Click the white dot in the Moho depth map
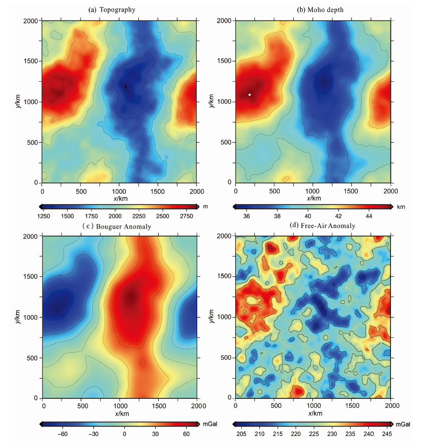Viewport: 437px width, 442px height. tap(250, 94)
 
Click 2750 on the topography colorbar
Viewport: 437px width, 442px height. tap(186, 215)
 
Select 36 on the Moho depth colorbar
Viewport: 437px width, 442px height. tap(246, 215)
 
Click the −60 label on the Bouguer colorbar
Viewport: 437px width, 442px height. tap(63, 433)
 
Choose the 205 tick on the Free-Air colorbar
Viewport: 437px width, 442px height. tap(241, 433)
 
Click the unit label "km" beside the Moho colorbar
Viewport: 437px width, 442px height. tap(401, 206)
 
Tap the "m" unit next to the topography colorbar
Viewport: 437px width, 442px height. tap(205, 206)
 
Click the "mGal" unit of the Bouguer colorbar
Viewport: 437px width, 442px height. tap(209, 424)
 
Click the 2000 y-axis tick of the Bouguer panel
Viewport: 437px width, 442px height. tap(33, 236)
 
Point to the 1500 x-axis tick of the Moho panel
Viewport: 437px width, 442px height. tap(351, 191)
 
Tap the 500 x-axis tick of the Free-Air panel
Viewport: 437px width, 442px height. tap(274, 406)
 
